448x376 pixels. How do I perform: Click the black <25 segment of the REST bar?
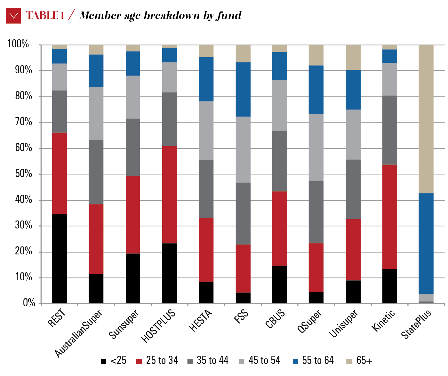[60, 258]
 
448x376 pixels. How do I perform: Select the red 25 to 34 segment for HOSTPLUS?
[170, 195]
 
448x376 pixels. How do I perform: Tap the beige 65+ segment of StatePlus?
[426, 119]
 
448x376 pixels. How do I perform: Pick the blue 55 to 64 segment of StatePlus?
[426, 243]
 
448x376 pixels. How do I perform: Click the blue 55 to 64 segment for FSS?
[243, 89]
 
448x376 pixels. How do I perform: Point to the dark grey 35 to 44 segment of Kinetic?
[389, 130]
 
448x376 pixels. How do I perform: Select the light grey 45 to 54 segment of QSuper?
[316, 147]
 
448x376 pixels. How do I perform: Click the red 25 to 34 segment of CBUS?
[279, 228]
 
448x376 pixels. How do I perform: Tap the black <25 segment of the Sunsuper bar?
[133, 278]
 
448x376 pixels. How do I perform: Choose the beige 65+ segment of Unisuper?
[353, 57]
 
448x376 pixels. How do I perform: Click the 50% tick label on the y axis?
[23, 174]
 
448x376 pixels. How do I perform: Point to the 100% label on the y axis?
[18, 44]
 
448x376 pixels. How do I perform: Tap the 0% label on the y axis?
[29, 303]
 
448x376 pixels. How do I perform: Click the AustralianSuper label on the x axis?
[79, 333]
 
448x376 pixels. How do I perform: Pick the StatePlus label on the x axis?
[416, 324]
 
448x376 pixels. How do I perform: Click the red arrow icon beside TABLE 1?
[13, 15]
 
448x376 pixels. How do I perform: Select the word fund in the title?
[228, 15]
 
